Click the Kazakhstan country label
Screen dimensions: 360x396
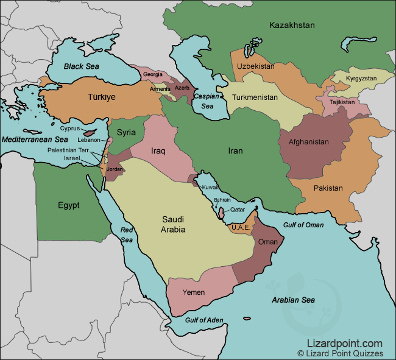pyautogui.click(x=292, y=25)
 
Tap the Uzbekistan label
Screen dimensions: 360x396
pyautogui.click(x=256, y=66)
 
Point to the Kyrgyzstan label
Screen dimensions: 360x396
pyautogui.click(x=361, y=79)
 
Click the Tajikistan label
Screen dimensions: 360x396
pyautogui.click(x=342, y=102)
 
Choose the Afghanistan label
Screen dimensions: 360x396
pyautogui.click(x=308, y=142)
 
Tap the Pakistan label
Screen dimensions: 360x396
pyautogui.click(x=328, y=188)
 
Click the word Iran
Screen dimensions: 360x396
pyautogui.click(x=235, y=150)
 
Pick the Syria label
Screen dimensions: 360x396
pyautogui.click(x=126, y=132)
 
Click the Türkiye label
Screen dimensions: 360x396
pyautogui.click(x=101, y=97)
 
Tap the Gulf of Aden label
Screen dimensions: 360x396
pyautogui.click(x=204, y=320)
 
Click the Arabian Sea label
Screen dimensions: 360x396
pyautogui.click(x=292, y=300)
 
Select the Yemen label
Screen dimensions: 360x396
pyautogui.click(x=193, y=292)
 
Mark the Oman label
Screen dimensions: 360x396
pyautogui.click(x=268, y=242)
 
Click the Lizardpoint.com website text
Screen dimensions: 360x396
pyautogui.click(x=345, y=344)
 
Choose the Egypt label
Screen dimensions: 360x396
pyautogui.click(x=68, y=205)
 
